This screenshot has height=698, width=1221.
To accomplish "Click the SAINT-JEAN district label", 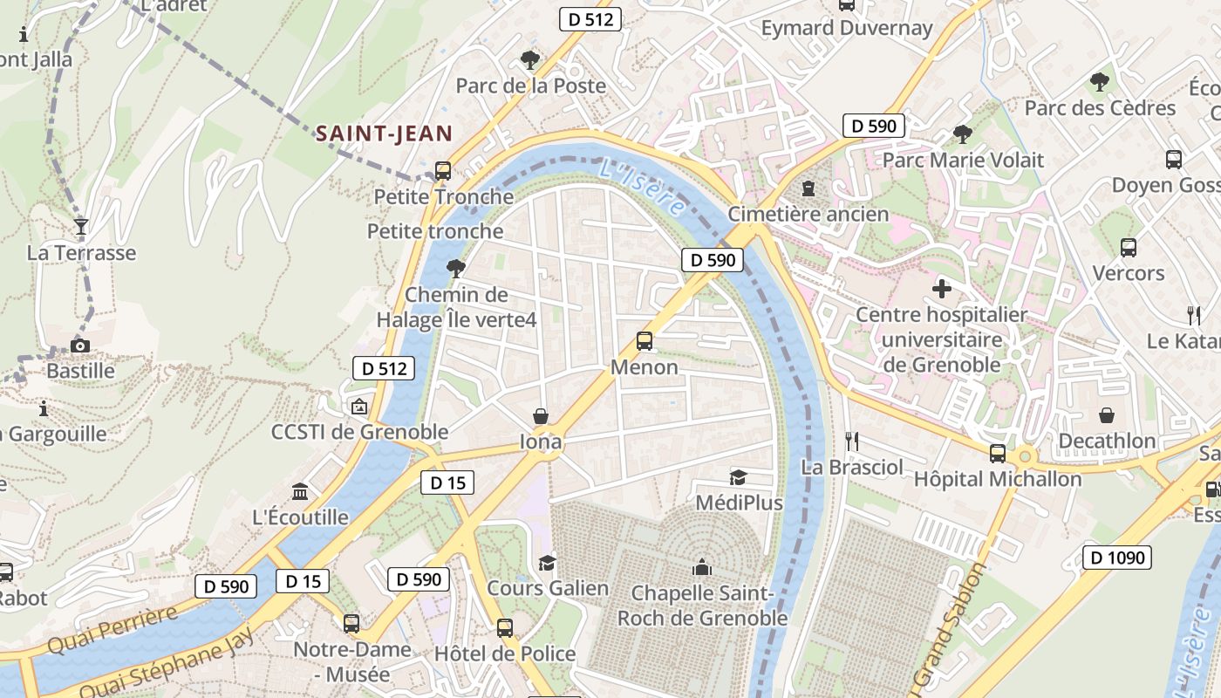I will [384, 133].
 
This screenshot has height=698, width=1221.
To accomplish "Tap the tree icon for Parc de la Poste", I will [529, 60].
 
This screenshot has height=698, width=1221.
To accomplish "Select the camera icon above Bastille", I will [80, 346].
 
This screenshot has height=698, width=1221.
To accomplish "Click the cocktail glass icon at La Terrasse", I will [81, 227].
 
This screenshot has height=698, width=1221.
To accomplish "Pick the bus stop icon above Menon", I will [645, 341].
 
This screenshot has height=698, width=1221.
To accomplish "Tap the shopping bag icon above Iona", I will [541, 416].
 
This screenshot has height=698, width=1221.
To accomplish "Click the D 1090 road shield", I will [1117, 558].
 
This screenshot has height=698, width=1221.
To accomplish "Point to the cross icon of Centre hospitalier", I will [942, 288].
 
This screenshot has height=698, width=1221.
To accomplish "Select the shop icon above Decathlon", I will [1107, 415].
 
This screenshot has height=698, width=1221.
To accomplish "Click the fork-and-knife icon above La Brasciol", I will [852, 441].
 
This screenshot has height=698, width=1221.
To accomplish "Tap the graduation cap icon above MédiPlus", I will [739, 477].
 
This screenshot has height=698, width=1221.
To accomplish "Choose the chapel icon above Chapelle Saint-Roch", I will [702, 568].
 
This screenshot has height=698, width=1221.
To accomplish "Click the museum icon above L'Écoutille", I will [301, 492].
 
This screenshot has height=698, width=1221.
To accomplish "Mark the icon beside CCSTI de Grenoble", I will [358, 407].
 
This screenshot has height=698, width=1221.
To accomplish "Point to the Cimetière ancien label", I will [808, 214].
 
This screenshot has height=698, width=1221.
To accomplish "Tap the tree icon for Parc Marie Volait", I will [963, 134].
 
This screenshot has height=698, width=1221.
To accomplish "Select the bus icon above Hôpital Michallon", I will [998, 454].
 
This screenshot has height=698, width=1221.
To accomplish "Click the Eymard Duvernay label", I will [846, 28].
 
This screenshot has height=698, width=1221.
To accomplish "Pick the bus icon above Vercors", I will [1129, 248].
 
